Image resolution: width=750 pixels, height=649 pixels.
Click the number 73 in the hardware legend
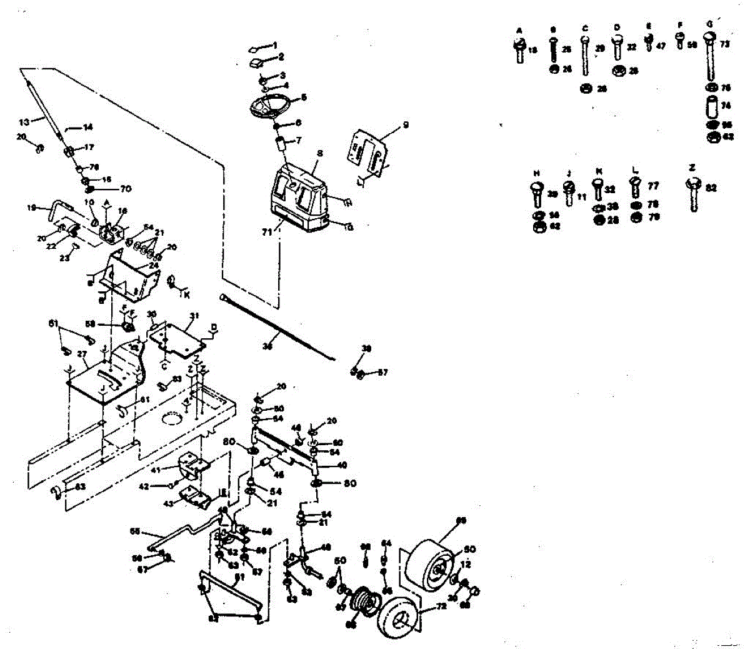[x=725, y=44]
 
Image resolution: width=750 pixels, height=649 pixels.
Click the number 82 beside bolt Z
[x=711, y=187]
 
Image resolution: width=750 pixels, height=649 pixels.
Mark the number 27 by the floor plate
[x=82, y=353]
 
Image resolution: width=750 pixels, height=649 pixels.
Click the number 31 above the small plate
[x=194, y=316]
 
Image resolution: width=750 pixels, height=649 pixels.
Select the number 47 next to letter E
[x=661, y=46]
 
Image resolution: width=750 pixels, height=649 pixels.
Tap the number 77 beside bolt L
[x=653, y=186]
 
